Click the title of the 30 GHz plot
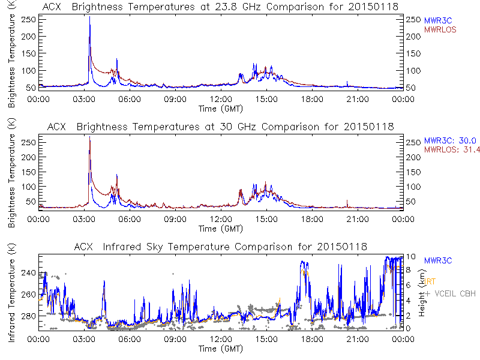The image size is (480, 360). (x=220, y=127)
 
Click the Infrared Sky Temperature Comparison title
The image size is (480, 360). (x=220, y=247)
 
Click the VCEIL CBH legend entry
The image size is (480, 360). (x=450, y=293)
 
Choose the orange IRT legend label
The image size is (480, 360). (x=430, y=281)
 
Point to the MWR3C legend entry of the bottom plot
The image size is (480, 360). (x=438, y=260)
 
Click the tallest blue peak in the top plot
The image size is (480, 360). (x=89, y=18)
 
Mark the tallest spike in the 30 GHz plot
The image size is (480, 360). (x=89, y=138)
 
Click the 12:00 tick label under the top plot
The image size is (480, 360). (x=220, y=100)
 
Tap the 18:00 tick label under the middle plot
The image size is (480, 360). (x=311, y=220)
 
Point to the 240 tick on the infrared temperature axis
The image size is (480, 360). (x=28, y=272)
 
